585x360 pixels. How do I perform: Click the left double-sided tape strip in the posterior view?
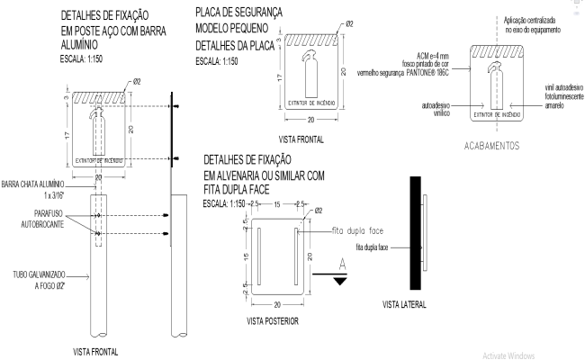point(259,256)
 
